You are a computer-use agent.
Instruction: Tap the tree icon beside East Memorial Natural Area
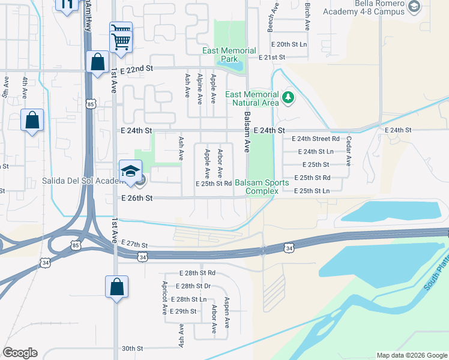point(288,97)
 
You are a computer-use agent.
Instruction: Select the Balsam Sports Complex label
point(256,187)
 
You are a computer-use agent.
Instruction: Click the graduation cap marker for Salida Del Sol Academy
point(130,172)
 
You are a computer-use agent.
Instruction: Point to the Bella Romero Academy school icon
point(414,7)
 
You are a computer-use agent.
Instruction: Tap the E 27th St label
point(134,245)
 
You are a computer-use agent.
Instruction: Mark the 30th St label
point(132,348)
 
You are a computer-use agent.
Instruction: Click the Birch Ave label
point(307,16)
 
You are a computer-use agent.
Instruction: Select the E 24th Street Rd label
point(315,139)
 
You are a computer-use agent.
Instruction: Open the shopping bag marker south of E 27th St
point(116,287)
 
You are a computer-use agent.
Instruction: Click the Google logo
point(20,353)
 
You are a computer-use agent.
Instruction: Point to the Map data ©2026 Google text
point(411,355)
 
